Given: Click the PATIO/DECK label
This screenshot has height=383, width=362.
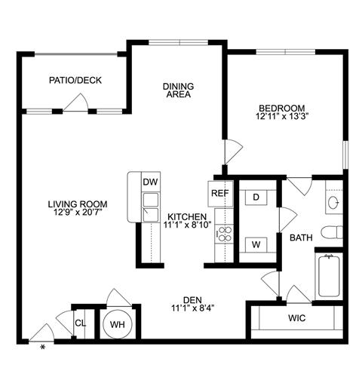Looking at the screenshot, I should click(75, 81).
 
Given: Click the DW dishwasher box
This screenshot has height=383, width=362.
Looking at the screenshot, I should click(150, 182).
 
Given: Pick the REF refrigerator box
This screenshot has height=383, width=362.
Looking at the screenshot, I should click(219, 193).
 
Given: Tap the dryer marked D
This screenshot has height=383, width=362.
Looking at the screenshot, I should click(256, 197).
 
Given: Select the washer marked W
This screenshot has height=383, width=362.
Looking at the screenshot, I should click(256, 245).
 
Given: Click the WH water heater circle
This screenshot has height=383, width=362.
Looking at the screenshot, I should click(117, 323).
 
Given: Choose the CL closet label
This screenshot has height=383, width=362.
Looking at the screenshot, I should click(79, 323).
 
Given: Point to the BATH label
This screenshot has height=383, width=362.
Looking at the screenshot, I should click(302, 238).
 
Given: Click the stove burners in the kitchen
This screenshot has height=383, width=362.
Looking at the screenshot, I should click(223, 234).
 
